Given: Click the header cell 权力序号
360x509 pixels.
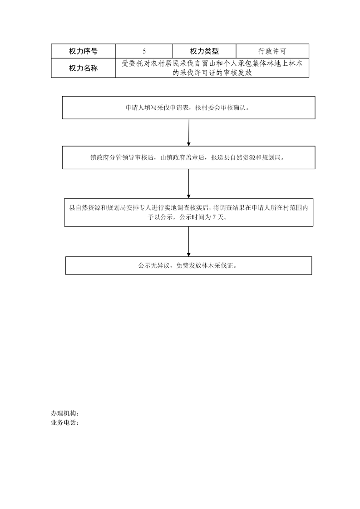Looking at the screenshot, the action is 83,51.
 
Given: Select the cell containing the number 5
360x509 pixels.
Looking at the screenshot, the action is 144,51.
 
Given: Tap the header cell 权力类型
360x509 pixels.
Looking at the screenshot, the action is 204,51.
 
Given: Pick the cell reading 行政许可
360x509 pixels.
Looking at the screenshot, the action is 272,51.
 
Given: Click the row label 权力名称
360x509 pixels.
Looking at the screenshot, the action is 83,68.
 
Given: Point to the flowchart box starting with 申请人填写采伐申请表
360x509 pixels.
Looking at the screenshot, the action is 188,108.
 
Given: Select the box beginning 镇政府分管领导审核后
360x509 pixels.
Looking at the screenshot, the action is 188,158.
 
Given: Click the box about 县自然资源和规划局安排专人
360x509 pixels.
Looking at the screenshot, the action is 188,212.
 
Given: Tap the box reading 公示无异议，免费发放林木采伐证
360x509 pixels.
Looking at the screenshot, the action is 188,265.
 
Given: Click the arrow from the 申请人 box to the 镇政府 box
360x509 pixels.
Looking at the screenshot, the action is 188,132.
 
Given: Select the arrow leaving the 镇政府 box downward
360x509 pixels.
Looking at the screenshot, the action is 188,184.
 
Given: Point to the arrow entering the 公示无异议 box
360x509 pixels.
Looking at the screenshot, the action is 188,241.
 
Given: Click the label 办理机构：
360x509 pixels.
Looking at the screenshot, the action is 65,414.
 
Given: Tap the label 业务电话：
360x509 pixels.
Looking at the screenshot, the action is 65,423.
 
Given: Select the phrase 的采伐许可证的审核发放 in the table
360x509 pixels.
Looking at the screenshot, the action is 212,73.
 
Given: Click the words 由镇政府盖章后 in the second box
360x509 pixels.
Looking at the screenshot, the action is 182,158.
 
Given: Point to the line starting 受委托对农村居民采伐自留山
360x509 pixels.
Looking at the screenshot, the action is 212,64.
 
